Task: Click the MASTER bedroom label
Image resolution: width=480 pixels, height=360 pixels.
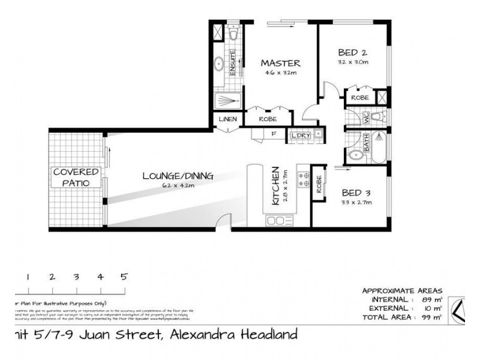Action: click(280, 63)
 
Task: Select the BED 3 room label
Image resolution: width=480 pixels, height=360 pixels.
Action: click(356, 193)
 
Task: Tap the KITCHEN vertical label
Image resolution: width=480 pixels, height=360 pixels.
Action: click(275, 187)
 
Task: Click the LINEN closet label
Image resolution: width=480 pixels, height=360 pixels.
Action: click(228, 119)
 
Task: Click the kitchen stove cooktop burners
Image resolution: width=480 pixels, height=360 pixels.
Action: click(304, 180)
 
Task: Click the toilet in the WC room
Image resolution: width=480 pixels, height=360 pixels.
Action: click(377, 116)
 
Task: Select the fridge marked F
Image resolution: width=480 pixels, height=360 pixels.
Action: click(274, 134)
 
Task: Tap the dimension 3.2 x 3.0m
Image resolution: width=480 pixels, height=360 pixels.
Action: click(353, 62)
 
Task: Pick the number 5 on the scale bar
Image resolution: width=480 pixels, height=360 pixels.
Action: click(124, 277)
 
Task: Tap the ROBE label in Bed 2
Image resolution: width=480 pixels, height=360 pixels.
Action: click(359, 97)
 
